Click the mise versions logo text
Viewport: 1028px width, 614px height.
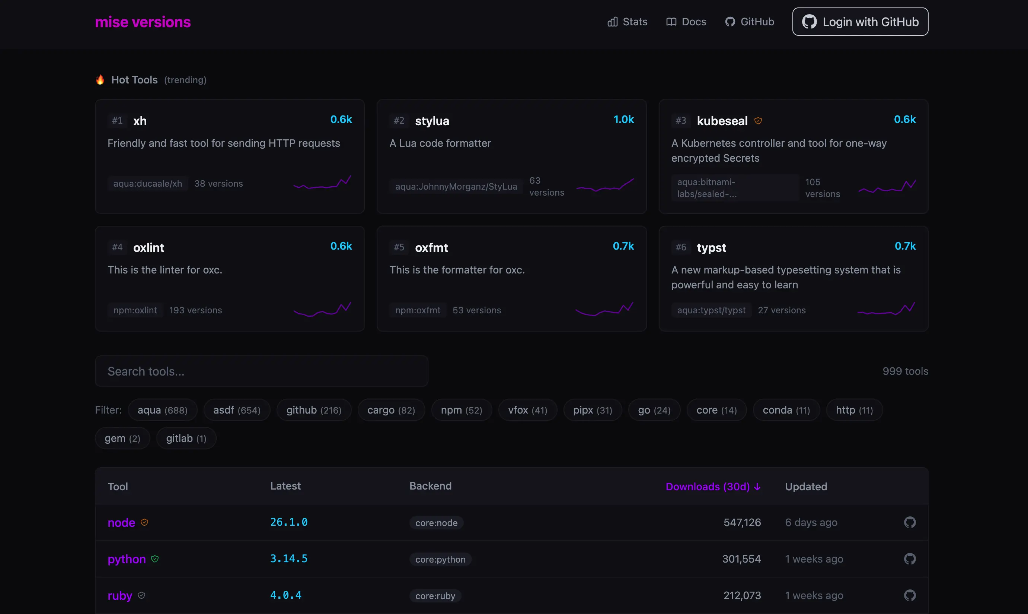pos(143,22)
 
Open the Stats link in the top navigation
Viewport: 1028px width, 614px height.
pos(627,22)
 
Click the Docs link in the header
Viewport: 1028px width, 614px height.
pos(686,22)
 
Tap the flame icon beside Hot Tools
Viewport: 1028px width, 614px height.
pos(100,79)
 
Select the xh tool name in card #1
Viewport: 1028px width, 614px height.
pos(140,121)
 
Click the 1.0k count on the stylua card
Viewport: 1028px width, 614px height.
pos(623,120)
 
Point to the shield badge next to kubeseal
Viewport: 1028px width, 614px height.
pos(758,120)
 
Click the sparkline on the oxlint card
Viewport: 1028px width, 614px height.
pos(322,309)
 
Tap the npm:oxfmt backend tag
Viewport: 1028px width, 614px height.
pos(418,310)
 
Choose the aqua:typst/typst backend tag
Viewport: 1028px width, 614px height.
pos(711,310)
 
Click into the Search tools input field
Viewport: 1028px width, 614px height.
pos(261,371)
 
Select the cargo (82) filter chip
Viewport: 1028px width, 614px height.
pos(391,410)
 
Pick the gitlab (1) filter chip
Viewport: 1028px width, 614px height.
pos(186,438)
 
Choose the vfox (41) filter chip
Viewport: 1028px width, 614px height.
pos(527,410)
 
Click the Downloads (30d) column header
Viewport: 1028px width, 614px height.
pos(713,487)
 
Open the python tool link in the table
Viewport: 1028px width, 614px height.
pos(127,559)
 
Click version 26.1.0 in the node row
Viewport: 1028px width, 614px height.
pos(288,522)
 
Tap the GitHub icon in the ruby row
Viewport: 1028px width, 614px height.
pos(909,595)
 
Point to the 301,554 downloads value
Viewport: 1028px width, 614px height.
pos(741,559)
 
